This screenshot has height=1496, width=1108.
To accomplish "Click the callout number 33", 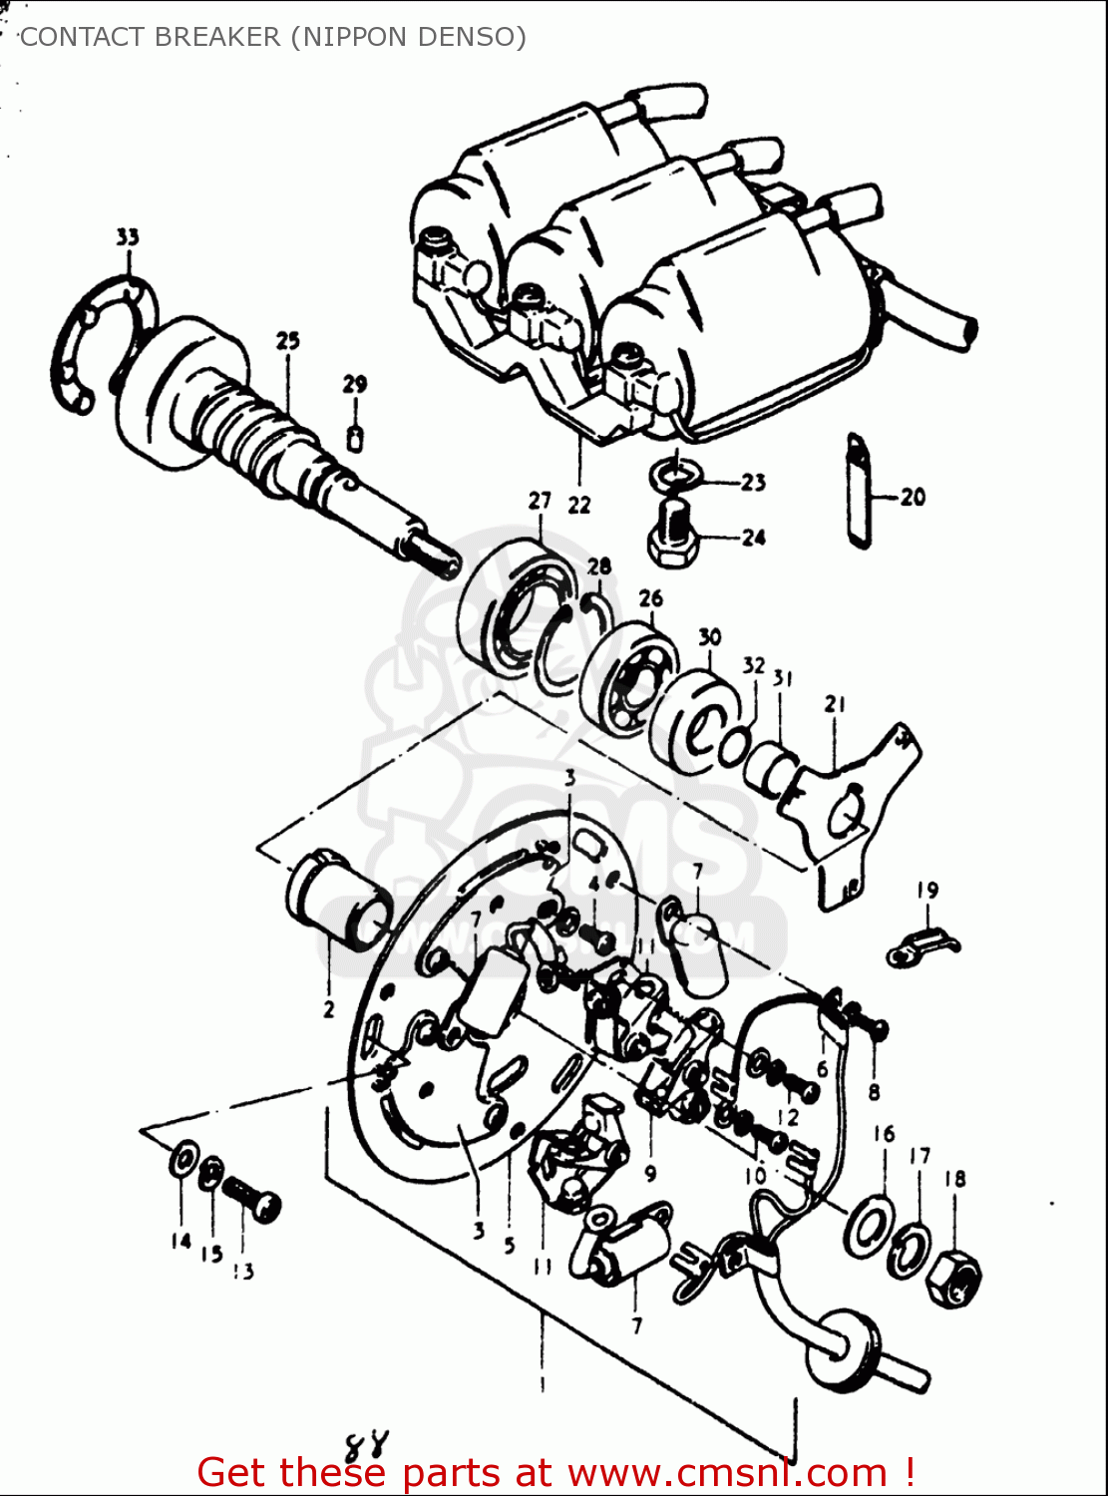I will click(128, 237).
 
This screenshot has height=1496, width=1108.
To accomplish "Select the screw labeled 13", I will click(250, 1197).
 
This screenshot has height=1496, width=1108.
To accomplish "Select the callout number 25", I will click(287, 341).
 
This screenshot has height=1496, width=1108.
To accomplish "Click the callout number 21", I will click(835, 704).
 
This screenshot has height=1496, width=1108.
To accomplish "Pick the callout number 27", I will click(540, 501).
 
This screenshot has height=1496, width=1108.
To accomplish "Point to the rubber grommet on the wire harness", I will click(846, 1346).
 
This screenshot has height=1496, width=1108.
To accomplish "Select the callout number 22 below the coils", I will click(579, 506).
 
